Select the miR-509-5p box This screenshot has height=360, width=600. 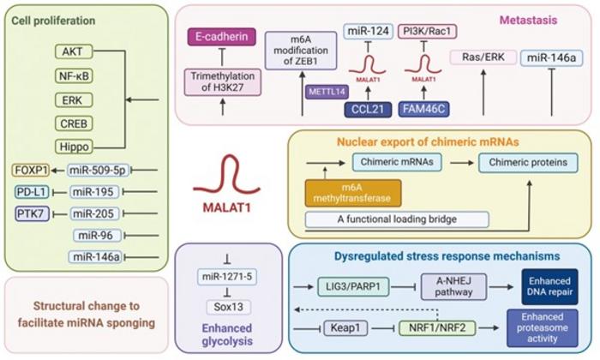[x=95, y=170]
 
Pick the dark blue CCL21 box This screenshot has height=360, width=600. [x=364, y=109]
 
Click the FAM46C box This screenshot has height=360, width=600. [x=423, y=109]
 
